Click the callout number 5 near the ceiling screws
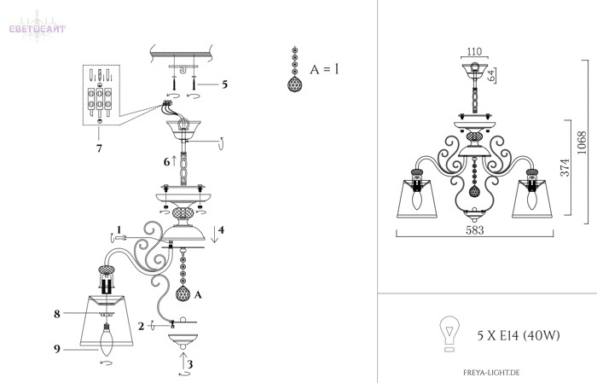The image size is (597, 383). coord(224,84)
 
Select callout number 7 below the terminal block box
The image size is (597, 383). coord(99,148)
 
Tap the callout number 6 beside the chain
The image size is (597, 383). coord(167,162)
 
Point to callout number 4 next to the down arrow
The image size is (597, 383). coord(221,229)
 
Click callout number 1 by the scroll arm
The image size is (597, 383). coord(119,229)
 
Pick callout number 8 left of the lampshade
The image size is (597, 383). coord(57,314)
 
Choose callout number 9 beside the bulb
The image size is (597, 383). coord(57,348)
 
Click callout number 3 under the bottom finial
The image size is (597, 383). coord(189,364)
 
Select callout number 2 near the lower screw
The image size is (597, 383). coord(142,326)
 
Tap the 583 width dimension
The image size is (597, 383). coord(475,230)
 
